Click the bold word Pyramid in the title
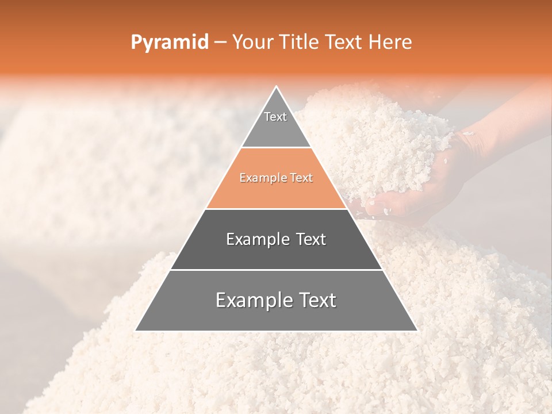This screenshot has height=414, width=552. pos(169,43)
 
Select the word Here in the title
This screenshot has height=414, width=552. pos(390,42)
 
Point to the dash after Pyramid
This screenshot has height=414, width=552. pos(220,43)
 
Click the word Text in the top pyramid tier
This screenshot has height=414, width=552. pos(275,117)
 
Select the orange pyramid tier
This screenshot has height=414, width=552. pos(276,190)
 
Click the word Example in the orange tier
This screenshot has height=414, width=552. pos(260,178)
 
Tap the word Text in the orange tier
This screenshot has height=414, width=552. pos(301,178)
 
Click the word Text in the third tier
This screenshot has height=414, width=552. pos(311,239)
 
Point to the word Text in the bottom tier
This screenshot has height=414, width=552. pos(317,300)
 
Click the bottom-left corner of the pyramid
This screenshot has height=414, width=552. pos(136,330)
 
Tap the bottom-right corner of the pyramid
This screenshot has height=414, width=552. pos(416,330)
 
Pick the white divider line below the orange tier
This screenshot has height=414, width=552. pos(276,209)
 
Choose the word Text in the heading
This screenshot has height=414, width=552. pos(345,42)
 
